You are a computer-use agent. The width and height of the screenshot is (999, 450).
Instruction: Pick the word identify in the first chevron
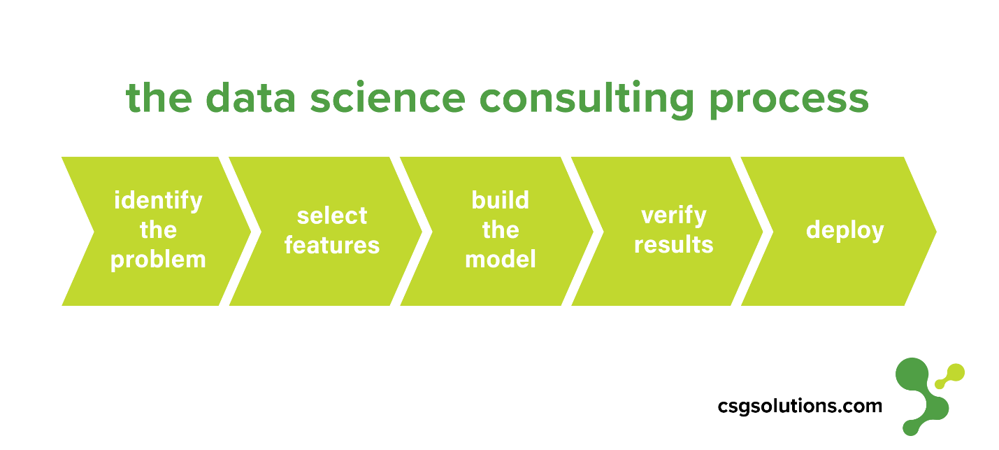point(158,201)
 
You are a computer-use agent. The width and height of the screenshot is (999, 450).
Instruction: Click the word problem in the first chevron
point(158,260)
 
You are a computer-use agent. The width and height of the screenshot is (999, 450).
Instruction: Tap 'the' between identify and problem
point(158,230)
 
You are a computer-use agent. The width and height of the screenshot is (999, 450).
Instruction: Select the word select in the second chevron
point(332,216)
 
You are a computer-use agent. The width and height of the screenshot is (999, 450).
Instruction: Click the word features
point(332,246)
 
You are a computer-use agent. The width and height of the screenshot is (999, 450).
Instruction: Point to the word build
point(501,201)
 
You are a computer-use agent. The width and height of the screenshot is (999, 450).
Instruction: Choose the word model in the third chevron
point(501,260)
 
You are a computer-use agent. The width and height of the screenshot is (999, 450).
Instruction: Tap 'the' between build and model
point(501,230)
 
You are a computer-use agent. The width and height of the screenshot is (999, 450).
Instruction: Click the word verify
point(673,216)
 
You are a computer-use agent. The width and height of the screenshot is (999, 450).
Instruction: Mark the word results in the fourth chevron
point(673,246)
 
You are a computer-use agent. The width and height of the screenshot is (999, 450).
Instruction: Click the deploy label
point(845,231)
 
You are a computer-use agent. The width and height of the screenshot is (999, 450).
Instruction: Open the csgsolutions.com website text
point(800,406)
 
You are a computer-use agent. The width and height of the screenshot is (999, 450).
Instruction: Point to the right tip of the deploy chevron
point(934,231)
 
